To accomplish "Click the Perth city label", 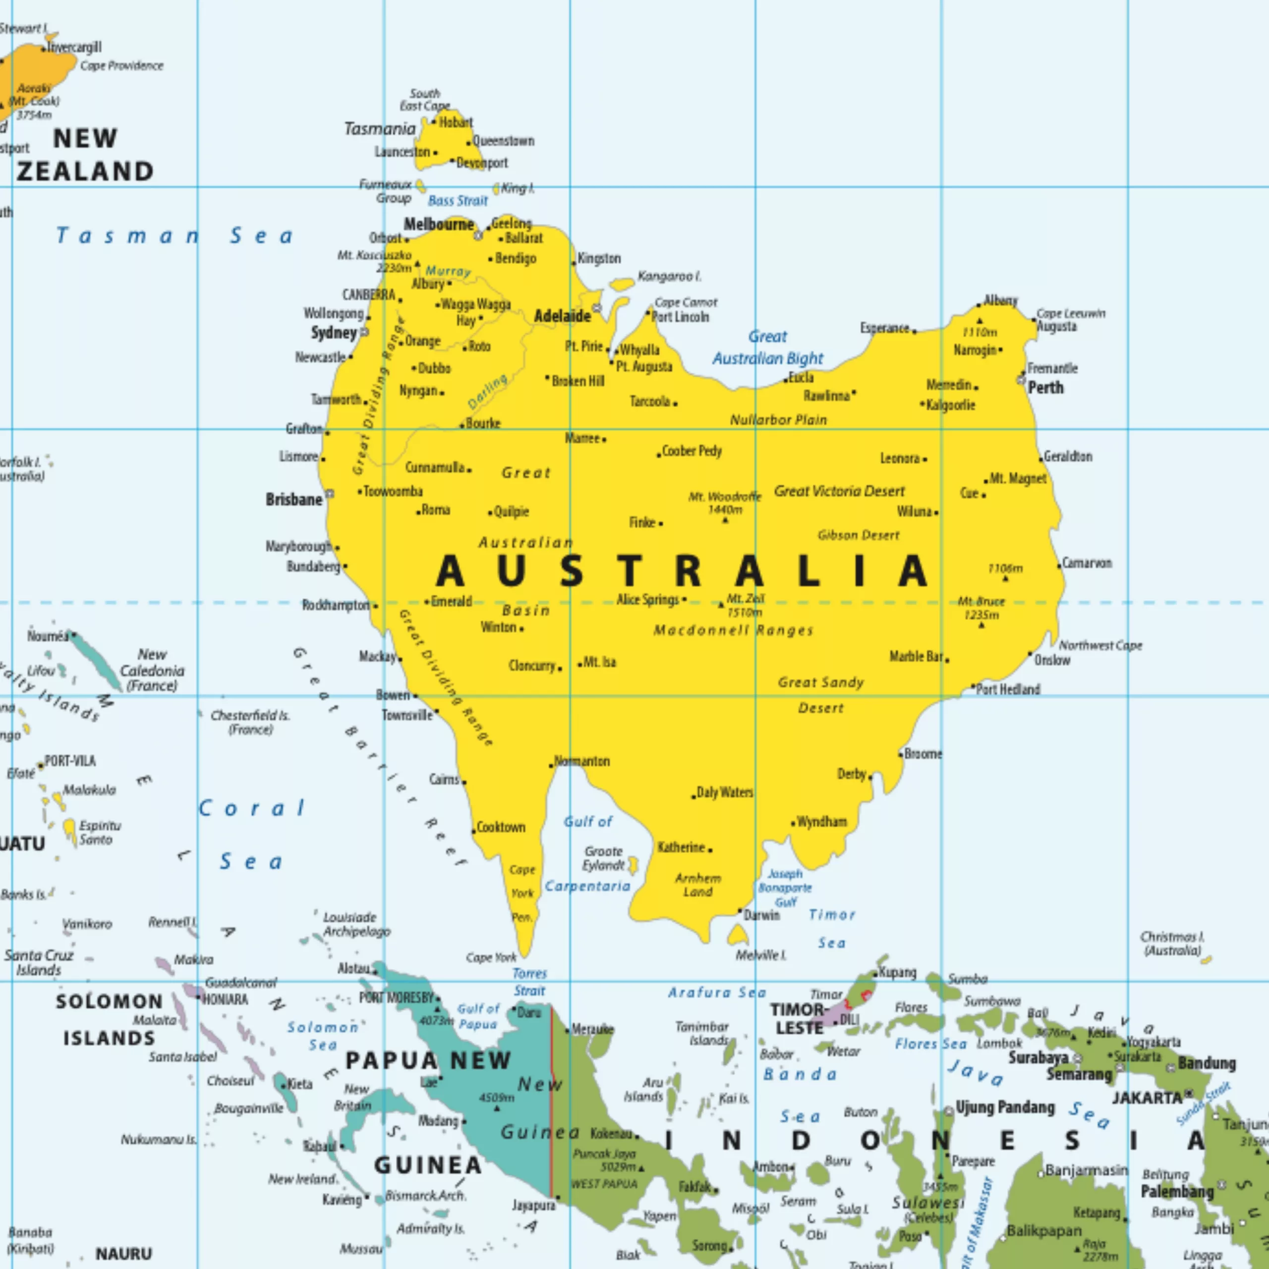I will (x=1045, y=388).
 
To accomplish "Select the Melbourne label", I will (x=438, y=225).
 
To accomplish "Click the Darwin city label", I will (x=762, y=916).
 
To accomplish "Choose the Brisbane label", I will (x=293, y=500).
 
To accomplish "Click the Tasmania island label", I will (x=380, y=129).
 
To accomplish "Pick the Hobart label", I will (x=456, y=122).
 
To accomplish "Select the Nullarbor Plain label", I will (x=778, y=420).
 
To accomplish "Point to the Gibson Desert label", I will (x=859, y=535).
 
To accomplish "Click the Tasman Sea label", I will (x=174, y=236).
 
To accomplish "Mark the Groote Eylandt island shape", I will (x=633, y=865).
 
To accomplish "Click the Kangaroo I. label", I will (x=669, y=277).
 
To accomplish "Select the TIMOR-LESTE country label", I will (x=799, y=1019).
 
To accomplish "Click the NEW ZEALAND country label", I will (x=85, y=155).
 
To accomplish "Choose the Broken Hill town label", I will (x=578, y=381).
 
